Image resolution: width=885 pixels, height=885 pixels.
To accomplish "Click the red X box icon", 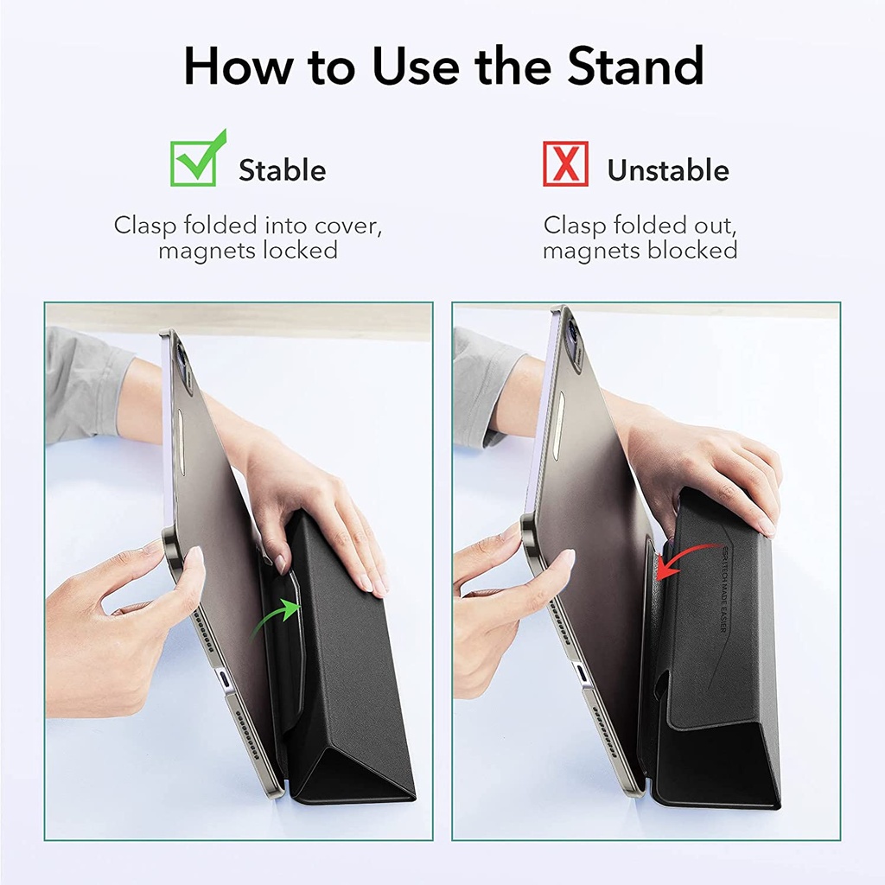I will [x=565, y=163].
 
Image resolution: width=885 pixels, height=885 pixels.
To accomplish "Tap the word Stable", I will [x=282, y=170].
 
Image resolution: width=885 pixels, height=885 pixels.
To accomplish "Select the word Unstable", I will [x=667, y=170].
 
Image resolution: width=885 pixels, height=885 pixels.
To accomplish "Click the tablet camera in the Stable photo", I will [x=182, y=354].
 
